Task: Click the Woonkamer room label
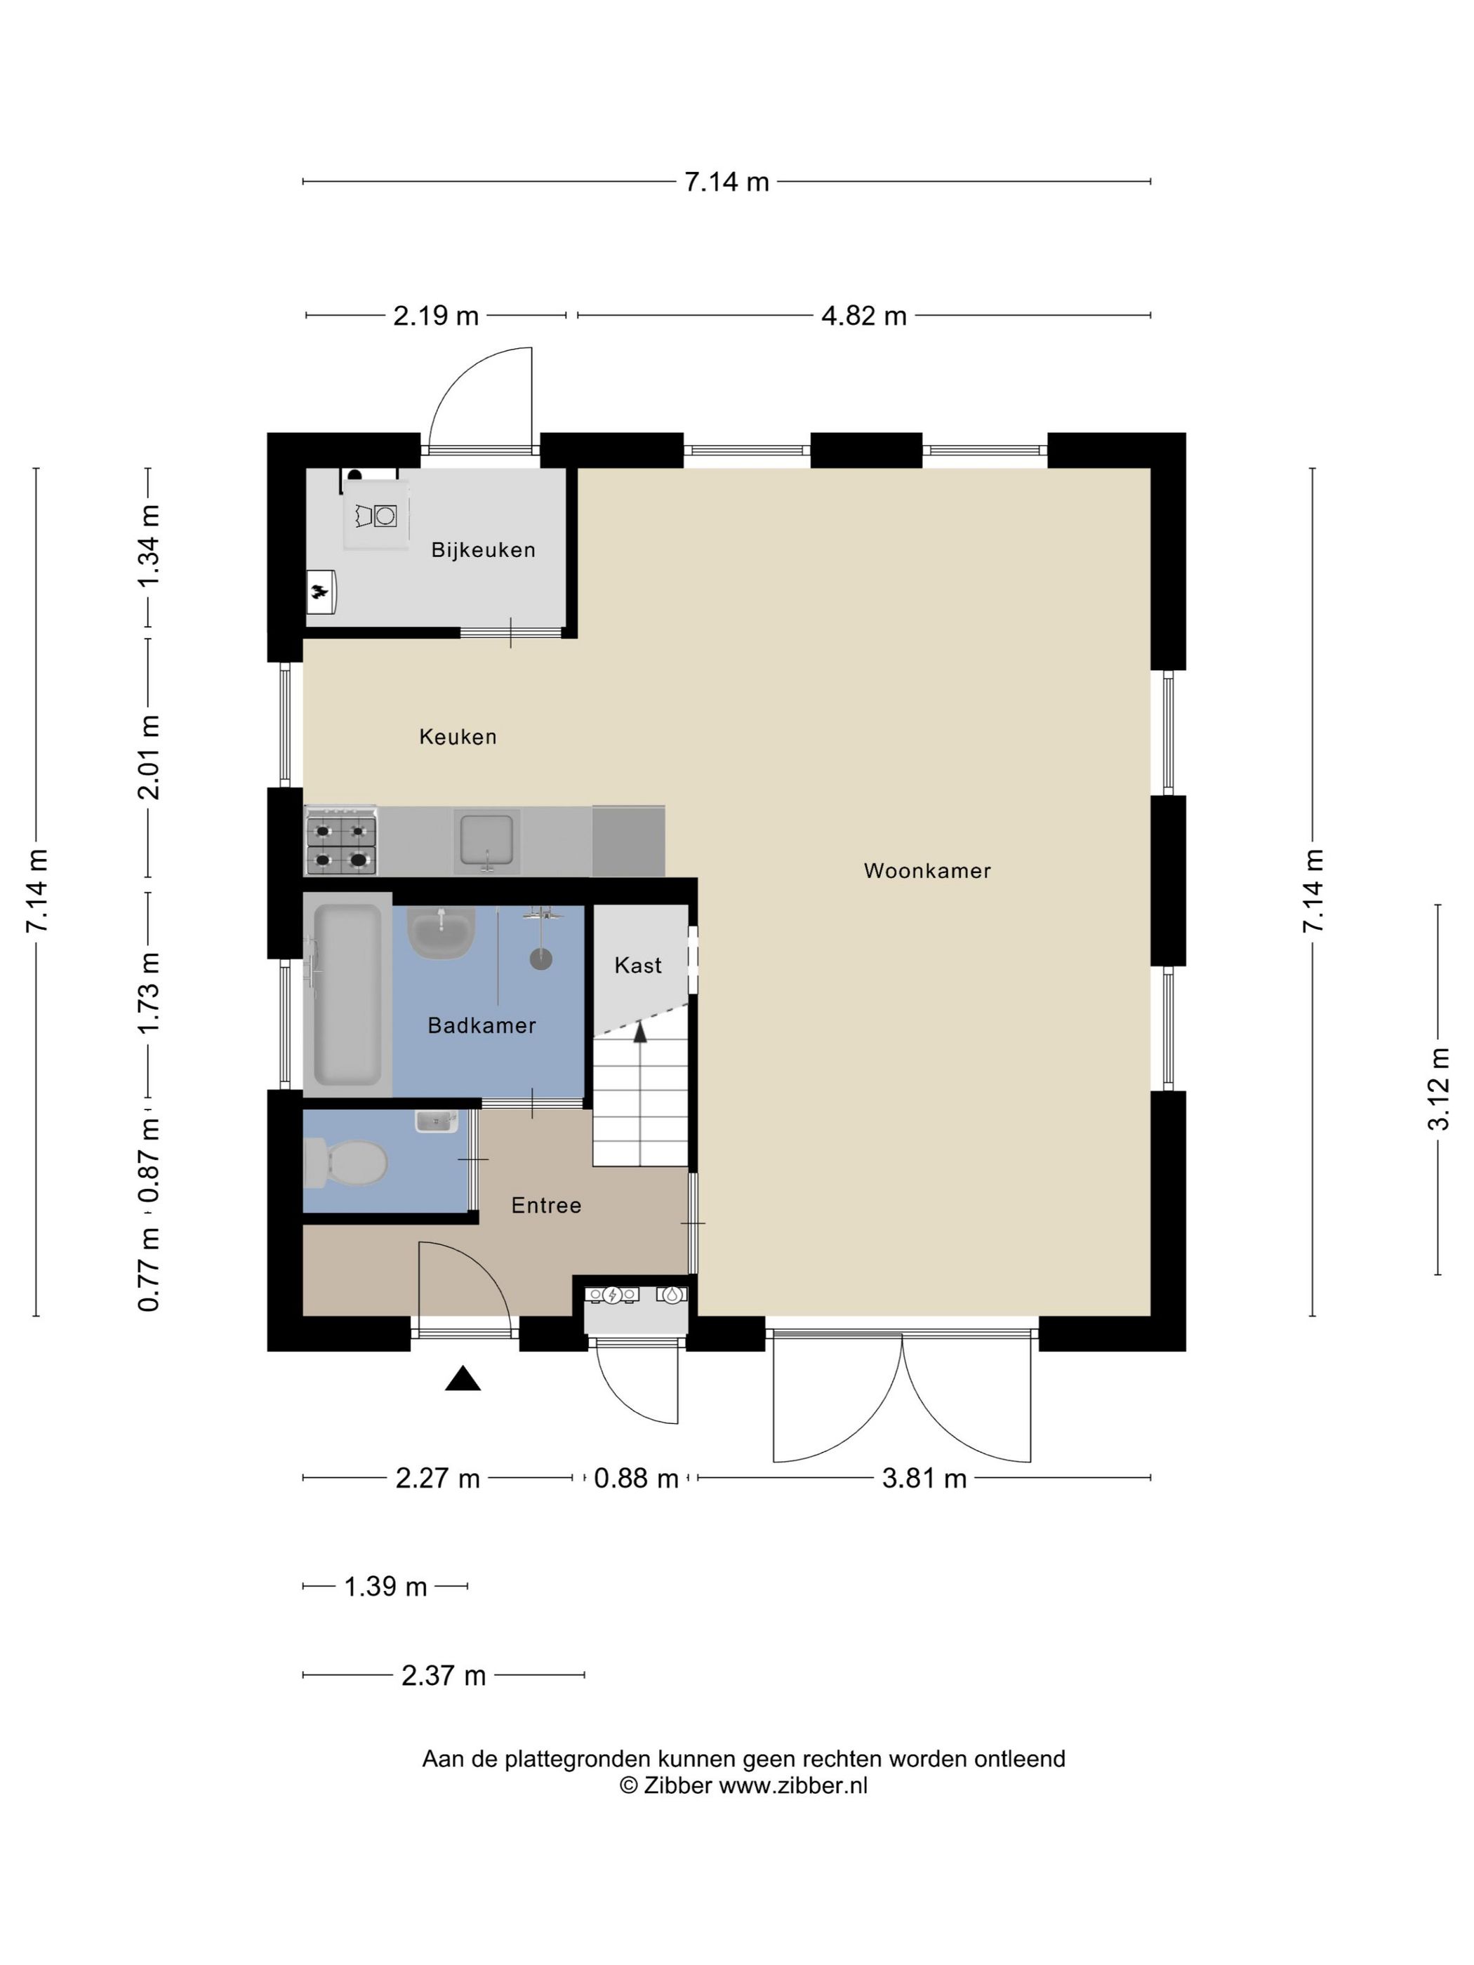[927, 871]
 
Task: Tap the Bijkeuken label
[484, 550]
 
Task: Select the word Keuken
[458, 736]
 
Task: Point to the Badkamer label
[482, 1025]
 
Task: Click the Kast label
[638, 965]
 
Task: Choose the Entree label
[546, 1206]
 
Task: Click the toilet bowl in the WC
[347, 1163]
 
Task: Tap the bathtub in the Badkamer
[348, 994]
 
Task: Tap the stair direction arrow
[639, 1030]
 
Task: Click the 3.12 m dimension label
[1438, 1089]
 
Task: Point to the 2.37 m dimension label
[444, 1675]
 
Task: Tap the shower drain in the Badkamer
[541, 959]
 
